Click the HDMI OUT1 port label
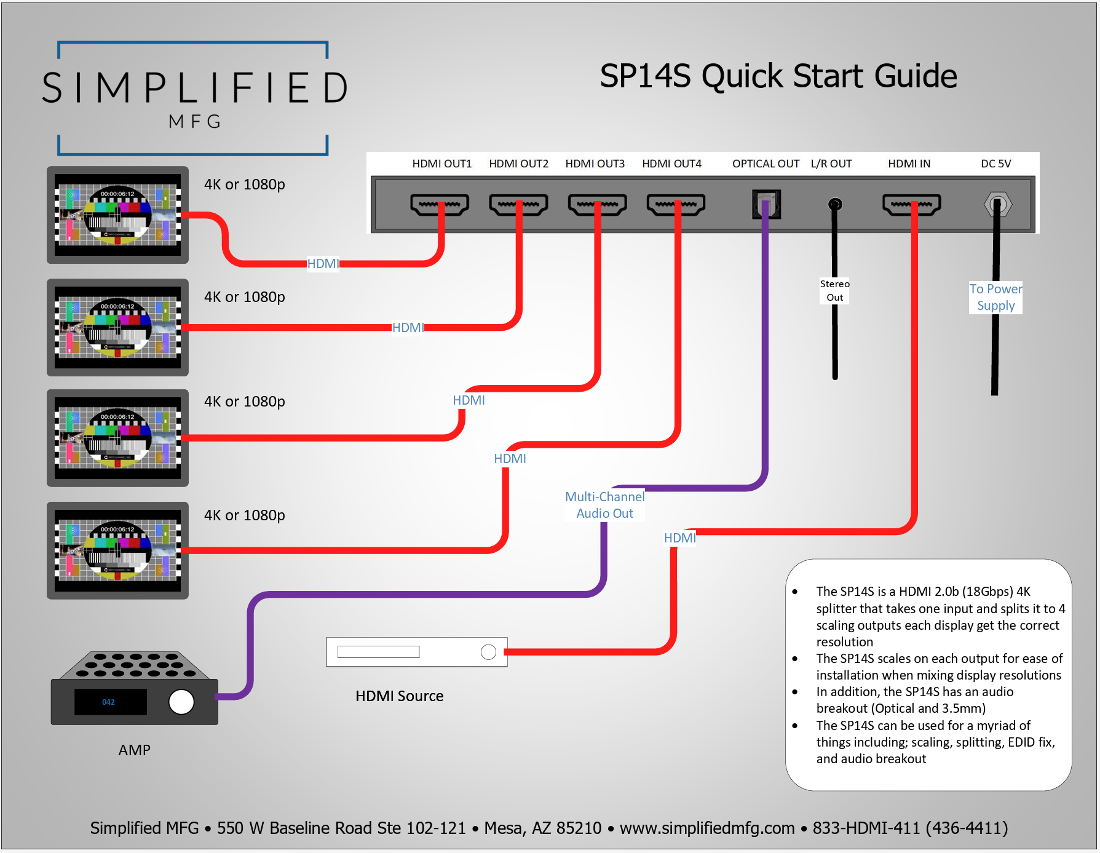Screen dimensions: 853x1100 pyautogui.click(x=441, y=164)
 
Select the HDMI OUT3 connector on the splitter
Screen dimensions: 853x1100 pyautogui.click(x=597, y=205)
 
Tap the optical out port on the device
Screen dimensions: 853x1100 pyautogui.click(x=766, y=204)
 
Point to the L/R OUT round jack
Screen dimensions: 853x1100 pyautogui.click(x=834, y=204)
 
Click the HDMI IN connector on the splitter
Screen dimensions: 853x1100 pyautogui.click(x=911, y=205)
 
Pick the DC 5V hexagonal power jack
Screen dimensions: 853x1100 pyautogui.click(x=997, y=204)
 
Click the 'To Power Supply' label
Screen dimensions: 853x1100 pyautogui.click(x=995, y=297)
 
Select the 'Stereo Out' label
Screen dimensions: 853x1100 pyautogui.click(x=834, y=290)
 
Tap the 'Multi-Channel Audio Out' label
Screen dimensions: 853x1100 pyautogui.click(x=604, y=505)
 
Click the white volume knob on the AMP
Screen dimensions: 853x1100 pyautogui.click(x=181, y=702)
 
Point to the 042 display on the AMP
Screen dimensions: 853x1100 pyautogui.click(x=109, y=702)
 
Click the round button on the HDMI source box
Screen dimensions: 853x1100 pyautogui.click(x=488, y=652)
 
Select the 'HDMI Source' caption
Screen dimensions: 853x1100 pyautogui.click(x=399, y=696)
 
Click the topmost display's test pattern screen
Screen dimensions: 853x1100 pyautogui.click(x=117, y=215)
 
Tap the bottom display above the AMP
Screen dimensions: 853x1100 pyautogui.click(x=117, y=550)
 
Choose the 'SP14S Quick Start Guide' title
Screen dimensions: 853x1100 pyautogui.click(x=778, y=76)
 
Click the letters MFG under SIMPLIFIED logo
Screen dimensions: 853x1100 pyautogui.click(x=194, y=121)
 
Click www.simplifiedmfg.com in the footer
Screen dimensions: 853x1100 pyautogui.click(x=706, y=828)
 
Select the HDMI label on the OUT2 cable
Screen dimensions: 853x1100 pyautogui.click(x=408, y=328)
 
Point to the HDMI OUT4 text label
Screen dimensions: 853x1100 pyautogui.click(x=671, y=164)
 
